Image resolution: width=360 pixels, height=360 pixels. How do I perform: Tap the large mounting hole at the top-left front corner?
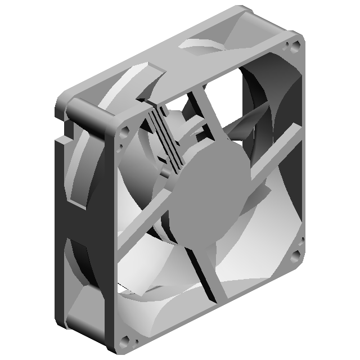(125, 134)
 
